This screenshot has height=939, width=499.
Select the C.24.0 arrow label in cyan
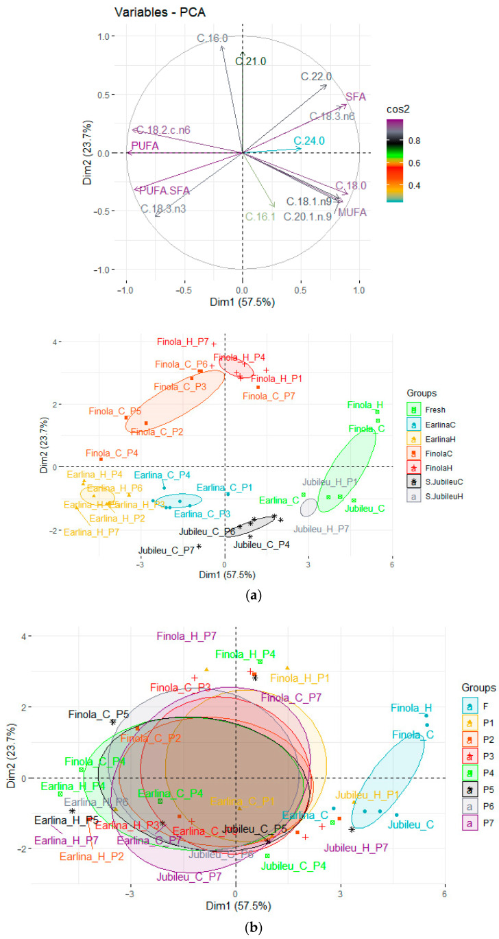pyautogui.click(x=308, y=141)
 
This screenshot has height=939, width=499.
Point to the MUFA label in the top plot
pyautogui.click(x=352, y=213)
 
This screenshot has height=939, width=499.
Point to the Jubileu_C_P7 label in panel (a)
pyautogui.click(x=166, y=550)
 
